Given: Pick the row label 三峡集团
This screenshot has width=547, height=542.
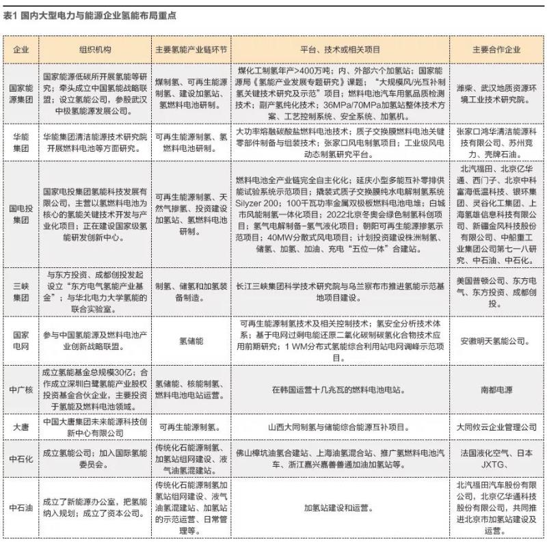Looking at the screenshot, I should point(21,288).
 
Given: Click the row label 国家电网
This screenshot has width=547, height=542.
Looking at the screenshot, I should point(21,340).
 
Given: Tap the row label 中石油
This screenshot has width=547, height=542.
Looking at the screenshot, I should point(21,508).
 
